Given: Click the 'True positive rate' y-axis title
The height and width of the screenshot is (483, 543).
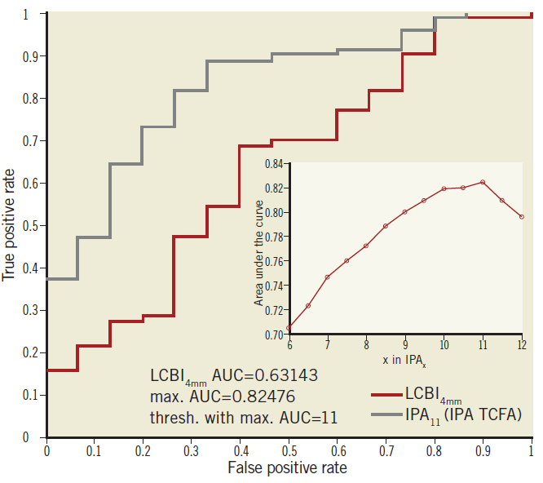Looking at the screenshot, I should [x=10, y=224].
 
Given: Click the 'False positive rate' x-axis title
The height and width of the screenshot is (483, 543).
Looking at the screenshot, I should [x=289, y=467].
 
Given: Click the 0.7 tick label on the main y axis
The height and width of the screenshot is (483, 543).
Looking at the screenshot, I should [x=29, y=141].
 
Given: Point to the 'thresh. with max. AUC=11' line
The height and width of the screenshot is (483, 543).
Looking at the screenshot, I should [x=244, y=417].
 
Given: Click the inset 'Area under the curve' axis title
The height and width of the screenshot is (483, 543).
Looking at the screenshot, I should [x=259, y=251].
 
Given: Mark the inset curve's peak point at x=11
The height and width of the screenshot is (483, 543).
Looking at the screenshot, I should [x=483, y=182].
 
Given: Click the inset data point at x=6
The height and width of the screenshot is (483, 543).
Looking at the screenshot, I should [x=289, y=328].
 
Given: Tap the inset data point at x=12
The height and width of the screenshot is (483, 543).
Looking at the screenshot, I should [x=522, y=216].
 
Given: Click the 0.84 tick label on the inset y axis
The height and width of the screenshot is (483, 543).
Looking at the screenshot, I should [x=273, y=165].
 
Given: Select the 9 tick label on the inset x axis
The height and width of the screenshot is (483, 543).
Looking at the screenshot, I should [x=405, y=345].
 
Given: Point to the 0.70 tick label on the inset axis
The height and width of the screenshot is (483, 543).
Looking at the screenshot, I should [x=273, y=335].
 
